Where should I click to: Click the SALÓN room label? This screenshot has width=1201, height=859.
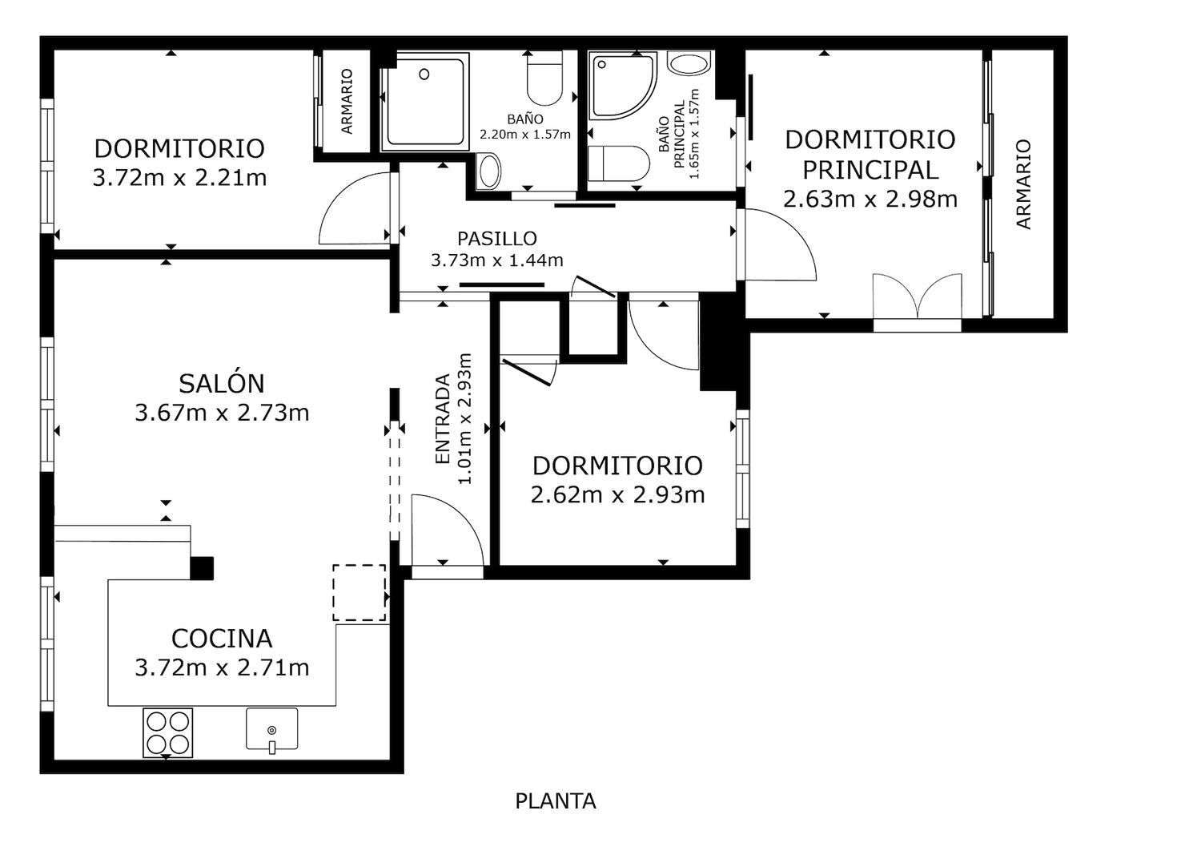click(222, 384)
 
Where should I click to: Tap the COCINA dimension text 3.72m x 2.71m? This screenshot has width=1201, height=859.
click(222, 668)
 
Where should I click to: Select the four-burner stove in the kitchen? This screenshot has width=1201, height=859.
click(168, 733)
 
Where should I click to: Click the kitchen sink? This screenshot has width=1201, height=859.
click(272, 729)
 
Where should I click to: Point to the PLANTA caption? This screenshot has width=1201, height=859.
click(556, 801)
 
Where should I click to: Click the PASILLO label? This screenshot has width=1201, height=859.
click(497, 238)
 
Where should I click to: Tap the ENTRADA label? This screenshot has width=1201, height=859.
click(443, 418)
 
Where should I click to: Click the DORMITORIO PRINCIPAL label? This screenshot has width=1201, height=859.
click(870, 155)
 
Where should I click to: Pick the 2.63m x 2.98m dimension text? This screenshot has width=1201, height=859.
click(870, 199)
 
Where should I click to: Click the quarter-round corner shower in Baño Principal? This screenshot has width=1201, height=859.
click(623, 85)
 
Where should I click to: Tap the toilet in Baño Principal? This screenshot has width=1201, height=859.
click(619, 163)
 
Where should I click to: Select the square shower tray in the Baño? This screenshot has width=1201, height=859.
click(424, 102)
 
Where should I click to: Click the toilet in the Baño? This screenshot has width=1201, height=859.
click(544, 78)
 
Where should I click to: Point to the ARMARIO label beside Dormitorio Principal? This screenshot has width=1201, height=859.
click(1023, 184)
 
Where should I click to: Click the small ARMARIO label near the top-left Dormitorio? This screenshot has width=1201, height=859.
click(347, 102)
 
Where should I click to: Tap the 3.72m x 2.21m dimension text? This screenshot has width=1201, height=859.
click(179, 178)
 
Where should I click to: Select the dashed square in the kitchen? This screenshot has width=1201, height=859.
click(359, 593)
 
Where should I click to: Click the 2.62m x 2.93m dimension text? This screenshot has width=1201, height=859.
click(617, 494)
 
